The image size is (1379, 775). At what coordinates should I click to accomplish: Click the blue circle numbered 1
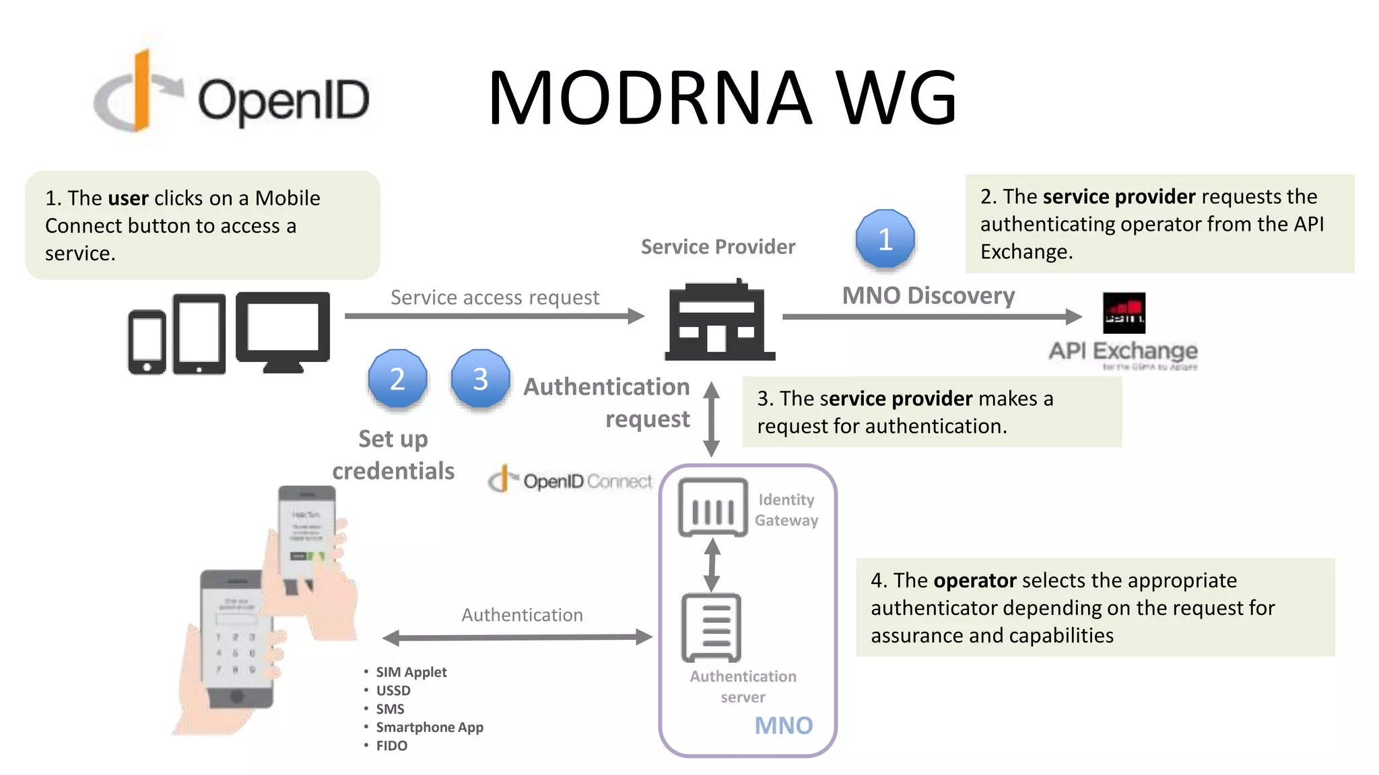(885, 239)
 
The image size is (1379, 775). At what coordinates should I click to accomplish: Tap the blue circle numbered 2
(397, 379)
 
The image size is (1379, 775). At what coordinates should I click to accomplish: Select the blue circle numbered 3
(480, 379)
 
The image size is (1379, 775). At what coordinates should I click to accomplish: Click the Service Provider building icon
(719, 322)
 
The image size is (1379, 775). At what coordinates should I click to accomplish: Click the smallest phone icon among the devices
(147, 342)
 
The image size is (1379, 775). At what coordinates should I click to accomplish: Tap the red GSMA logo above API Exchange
(1123, 313)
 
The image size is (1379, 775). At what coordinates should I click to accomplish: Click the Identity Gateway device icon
(712, 508)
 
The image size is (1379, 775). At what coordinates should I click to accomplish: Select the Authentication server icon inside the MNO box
(711, 627)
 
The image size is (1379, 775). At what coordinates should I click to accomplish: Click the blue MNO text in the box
(783, 725)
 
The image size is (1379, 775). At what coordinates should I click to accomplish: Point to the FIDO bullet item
(391, 745)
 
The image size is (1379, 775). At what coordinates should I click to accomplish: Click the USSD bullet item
(393, 690)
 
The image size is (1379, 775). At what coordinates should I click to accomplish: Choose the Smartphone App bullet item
(429, 727)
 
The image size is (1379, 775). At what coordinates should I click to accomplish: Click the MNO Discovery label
(928, 295)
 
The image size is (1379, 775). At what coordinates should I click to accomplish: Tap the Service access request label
(494, 297)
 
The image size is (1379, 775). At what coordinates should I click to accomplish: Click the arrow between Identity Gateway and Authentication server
(712, 565)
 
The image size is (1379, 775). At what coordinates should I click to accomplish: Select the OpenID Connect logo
(570, 480)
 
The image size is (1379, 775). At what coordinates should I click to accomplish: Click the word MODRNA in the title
(649, 98)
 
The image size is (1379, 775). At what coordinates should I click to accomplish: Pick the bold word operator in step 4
(974, 580)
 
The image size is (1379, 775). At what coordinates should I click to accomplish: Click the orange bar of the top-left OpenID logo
(141, 91)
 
